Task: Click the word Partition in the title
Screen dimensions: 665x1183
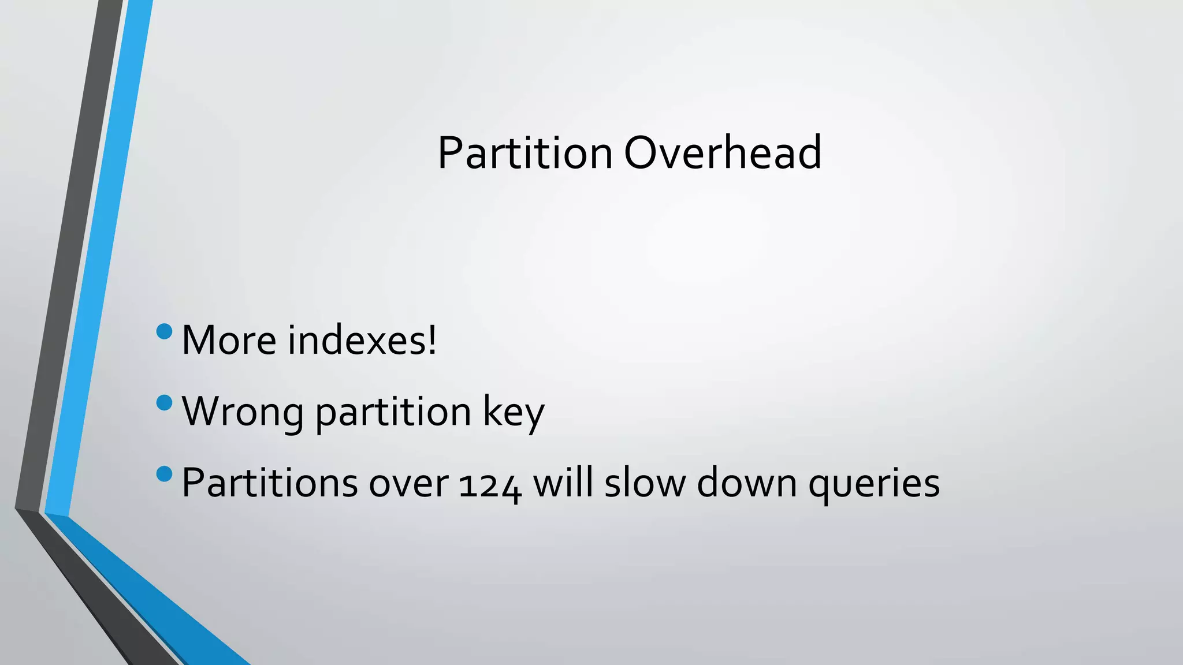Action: click(x=524, y=153)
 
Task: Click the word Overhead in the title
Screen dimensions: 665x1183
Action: click(x=723, y=153)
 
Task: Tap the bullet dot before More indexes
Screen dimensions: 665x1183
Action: click(x=165, y=331)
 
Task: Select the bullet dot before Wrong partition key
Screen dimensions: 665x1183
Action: click(x=165, y=402)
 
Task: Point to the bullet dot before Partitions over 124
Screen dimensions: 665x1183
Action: click(x=165, y=474)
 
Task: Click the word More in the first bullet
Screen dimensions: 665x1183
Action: click(x=229, y=340)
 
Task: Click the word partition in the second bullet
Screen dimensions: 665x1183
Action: click(x=393, y=412)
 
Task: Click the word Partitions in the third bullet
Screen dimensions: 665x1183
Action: click(x=269, y=483)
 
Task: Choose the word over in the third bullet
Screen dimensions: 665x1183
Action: click(x=408, y=484)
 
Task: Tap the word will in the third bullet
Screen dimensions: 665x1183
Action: click(x=563, y=483)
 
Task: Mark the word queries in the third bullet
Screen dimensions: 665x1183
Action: click(x=874, y=484)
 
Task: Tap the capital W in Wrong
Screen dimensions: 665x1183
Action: click(x=202, y=411)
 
